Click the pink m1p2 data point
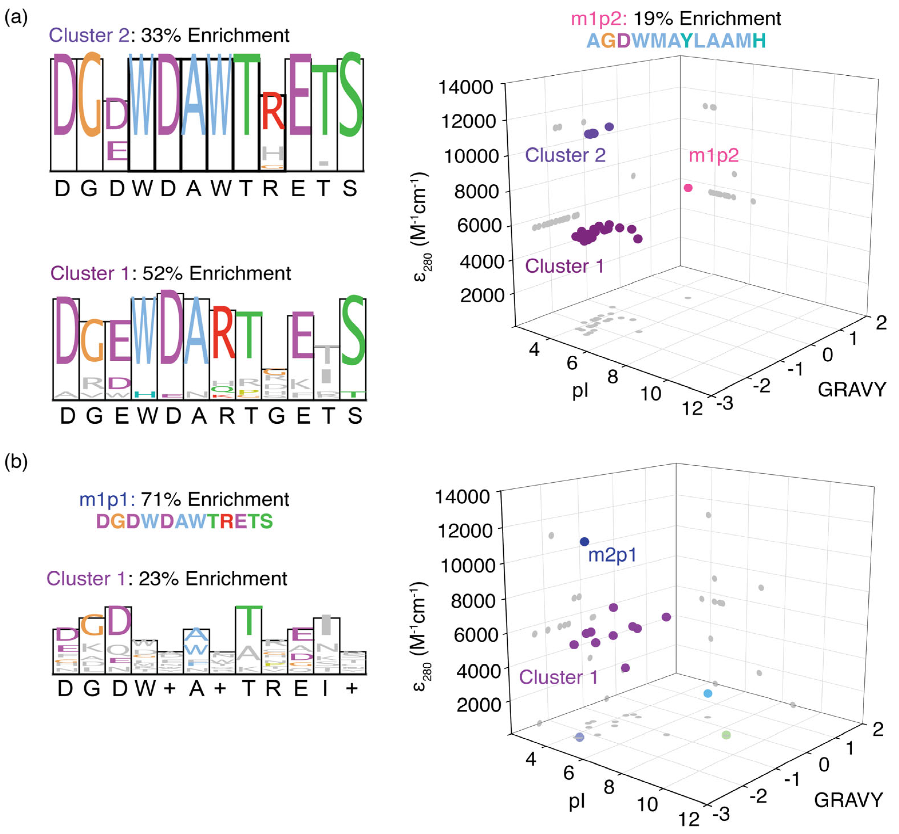[x=688, y=188]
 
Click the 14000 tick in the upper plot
[x=466, y=87]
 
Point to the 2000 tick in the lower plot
[x=478, y=704]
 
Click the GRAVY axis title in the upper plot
[x=852, y=389]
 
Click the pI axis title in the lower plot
[x=577, y=801]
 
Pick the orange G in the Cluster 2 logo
[x=89, y=95]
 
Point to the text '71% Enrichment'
[x=215, y=500]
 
